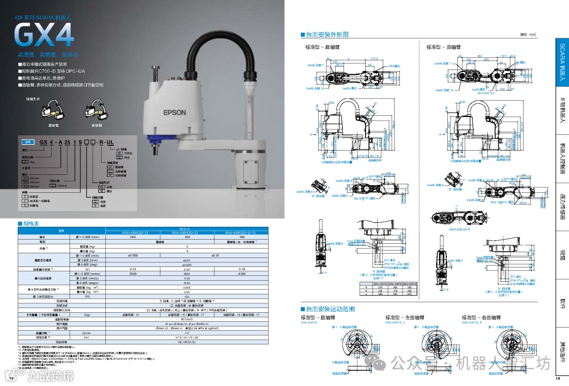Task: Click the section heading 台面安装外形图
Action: (x=325, y=35)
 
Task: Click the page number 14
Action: (x=557, y=378)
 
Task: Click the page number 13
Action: (x=10, y=378)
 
